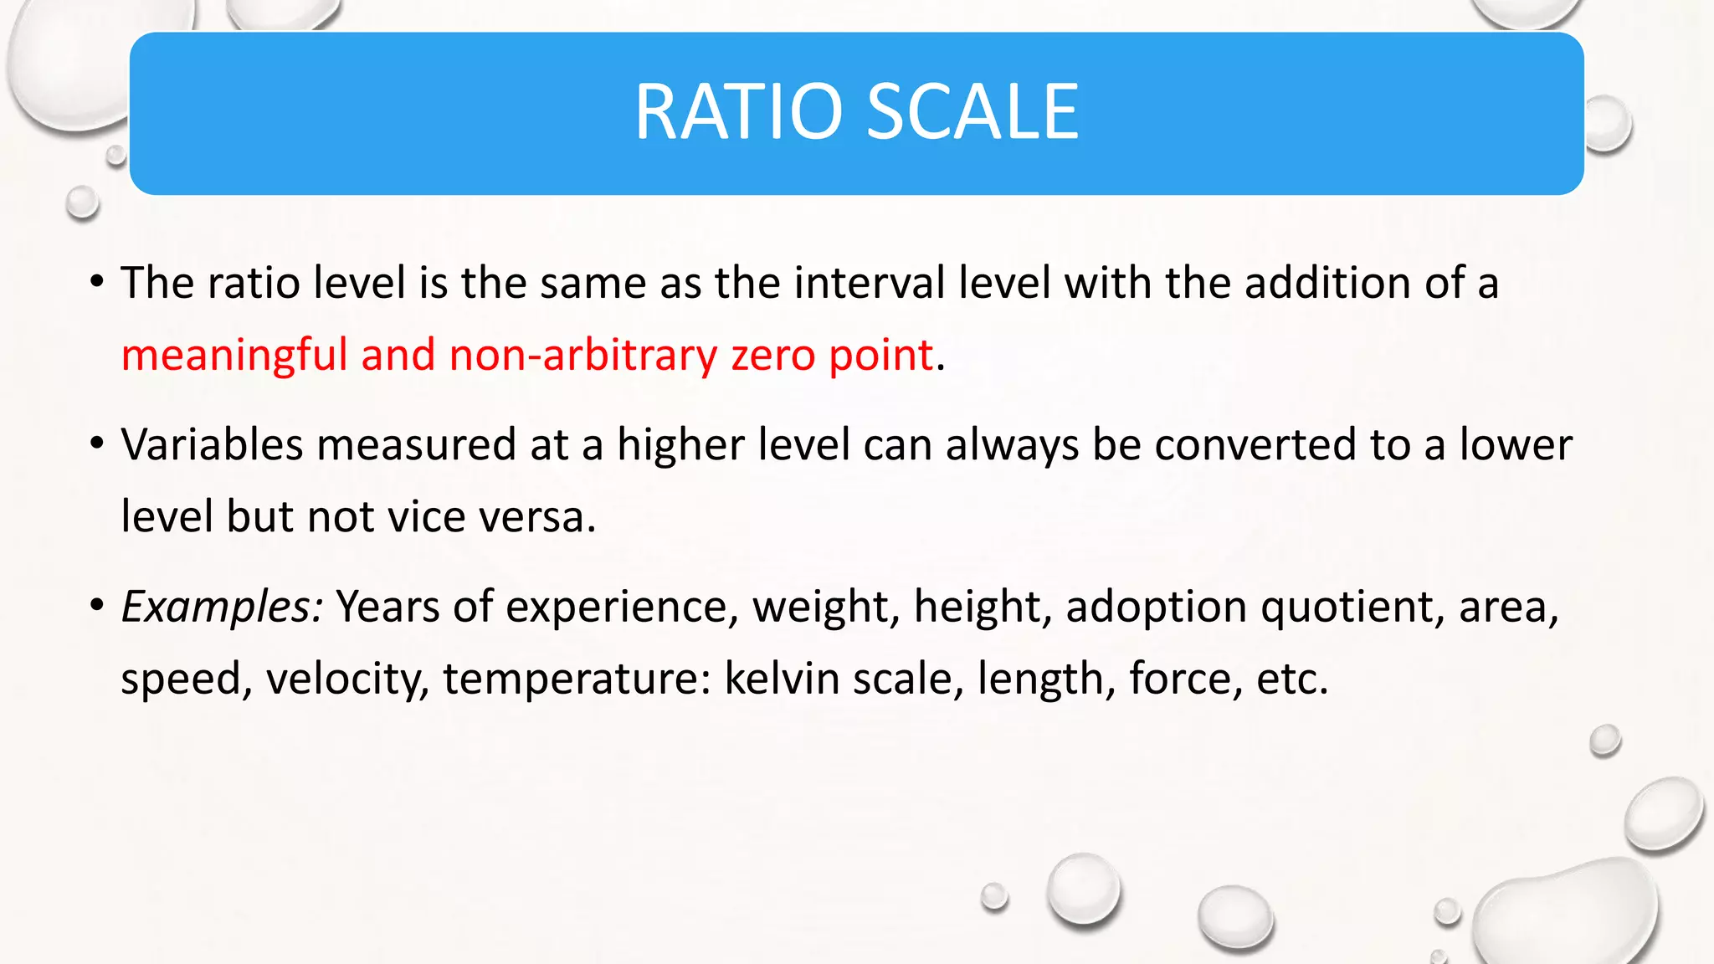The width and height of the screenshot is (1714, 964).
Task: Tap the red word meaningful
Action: [x=233, y=355]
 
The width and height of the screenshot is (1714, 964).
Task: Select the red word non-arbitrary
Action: [x=582, y=355]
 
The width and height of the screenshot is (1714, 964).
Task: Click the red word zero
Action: [x=772, y=355]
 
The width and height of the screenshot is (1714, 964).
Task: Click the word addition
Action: [x=1327, y=283]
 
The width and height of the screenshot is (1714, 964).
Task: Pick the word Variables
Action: [x=212, y=444]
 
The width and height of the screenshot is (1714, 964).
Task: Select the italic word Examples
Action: [x=222, y=606]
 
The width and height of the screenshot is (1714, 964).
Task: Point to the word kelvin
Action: [x=780, y=678]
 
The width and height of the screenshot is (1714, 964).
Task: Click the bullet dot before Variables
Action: [x=97, y=443]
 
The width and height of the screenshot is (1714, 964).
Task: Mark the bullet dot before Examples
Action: [x=97, y=604]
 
